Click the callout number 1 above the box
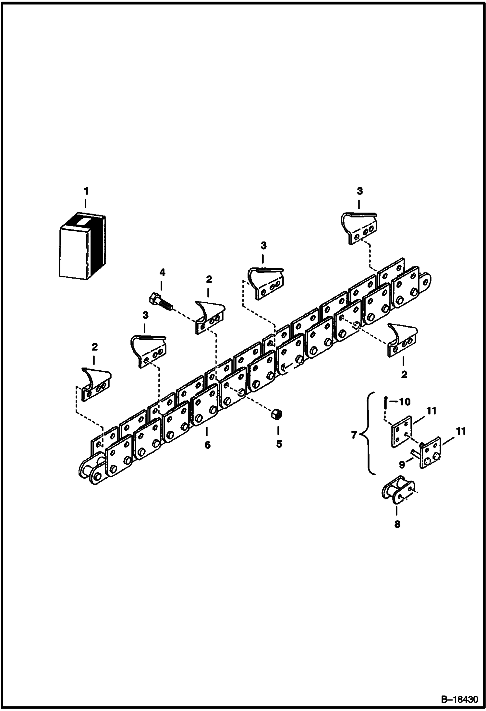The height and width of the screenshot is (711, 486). point(86,192)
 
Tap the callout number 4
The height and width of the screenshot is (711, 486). point(162,273)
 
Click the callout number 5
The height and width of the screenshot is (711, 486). point(279,444)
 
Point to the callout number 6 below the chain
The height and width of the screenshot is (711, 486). point(207,445)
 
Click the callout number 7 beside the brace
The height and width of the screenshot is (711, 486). point(355,435)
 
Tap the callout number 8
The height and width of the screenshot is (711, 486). point(397,524)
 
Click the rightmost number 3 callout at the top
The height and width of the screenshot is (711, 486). point(360,192)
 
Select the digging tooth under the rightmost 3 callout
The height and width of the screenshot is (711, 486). point(359,228)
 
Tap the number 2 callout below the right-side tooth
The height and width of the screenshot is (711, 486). point(404,375)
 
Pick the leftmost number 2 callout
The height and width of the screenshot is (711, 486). point(94,347)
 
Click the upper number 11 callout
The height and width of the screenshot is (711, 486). point(431,411)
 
